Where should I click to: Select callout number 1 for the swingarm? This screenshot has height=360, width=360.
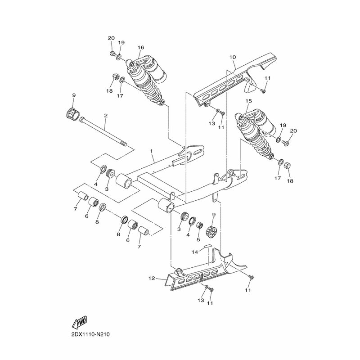pyautogui.click(x=151, y=151)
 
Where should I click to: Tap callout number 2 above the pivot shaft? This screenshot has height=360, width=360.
pyautogui.click(x=106, y=116)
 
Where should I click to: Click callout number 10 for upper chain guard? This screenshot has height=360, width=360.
pyautogui.click(x=232, y=57)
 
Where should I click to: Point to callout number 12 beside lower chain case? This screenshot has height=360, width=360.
pyautogui.click(x=152, y=278)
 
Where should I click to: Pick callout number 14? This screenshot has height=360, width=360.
pyautogui.click(x=195, y=252)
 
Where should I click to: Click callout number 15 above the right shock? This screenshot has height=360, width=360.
pyautogui.click(x=249, y=101)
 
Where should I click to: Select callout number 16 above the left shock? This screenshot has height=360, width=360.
pyautogui.click(x=141, y=47)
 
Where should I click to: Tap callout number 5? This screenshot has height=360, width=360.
pyautogui.click(x=198, y=240)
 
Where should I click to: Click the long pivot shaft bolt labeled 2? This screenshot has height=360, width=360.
pyautogui.click(x=103, y=131)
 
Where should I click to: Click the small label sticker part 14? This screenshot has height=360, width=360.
pyautogui.click(x=207, y=246)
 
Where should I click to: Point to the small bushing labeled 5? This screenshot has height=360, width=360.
pyautogui.click(x=200, y=225)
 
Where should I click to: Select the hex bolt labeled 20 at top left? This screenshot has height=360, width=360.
pyautogui.click(x=113, y=54)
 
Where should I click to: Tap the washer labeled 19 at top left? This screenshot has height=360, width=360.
pyautogui.click(x=120, y=57)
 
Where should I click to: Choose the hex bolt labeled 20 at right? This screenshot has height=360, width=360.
pyautogui.click(x=285, y=143)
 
